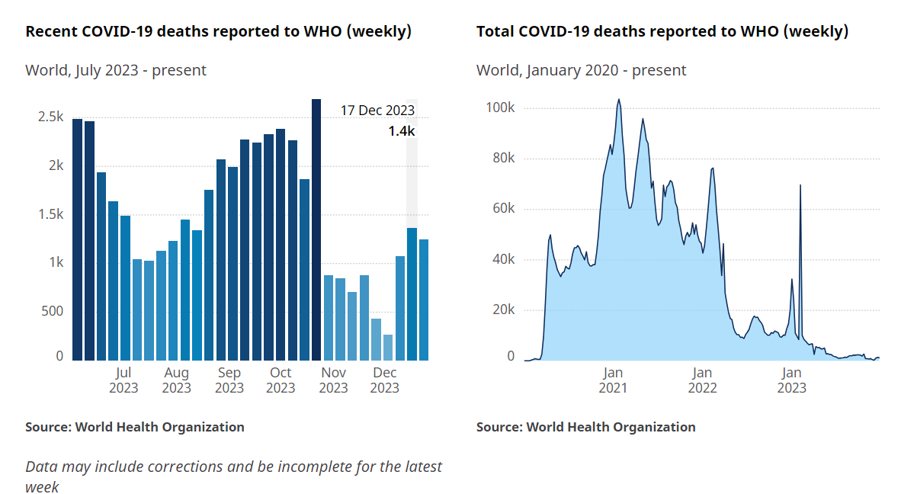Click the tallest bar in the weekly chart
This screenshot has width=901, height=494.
316,229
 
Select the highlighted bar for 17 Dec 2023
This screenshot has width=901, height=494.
412,294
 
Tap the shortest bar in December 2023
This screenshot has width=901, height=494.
388,347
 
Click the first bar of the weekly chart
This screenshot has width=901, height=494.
77,239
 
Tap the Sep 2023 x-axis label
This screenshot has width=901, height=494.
229,380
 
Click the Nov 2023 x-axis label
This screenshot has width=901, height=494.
333,380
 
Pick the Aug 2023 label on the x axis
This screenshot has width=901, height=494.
176,380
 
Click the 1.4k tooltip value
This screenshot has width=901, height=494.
401,131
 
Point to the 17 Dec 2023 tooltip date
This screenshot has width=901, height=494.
377,111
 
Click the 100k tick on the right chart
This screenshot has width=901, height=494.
501,108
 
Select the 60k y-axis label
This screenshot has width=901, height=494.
503,209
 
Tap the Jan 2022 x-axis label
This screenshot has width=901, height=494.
702,380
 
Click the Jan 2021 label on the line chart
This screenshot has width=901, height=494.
613,380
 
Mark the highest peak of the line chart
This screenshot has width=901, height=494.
619,99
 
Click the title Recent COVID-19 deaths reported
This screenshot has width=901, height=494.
219,31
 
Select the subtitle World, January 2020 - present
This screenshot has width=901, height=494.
581,70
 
